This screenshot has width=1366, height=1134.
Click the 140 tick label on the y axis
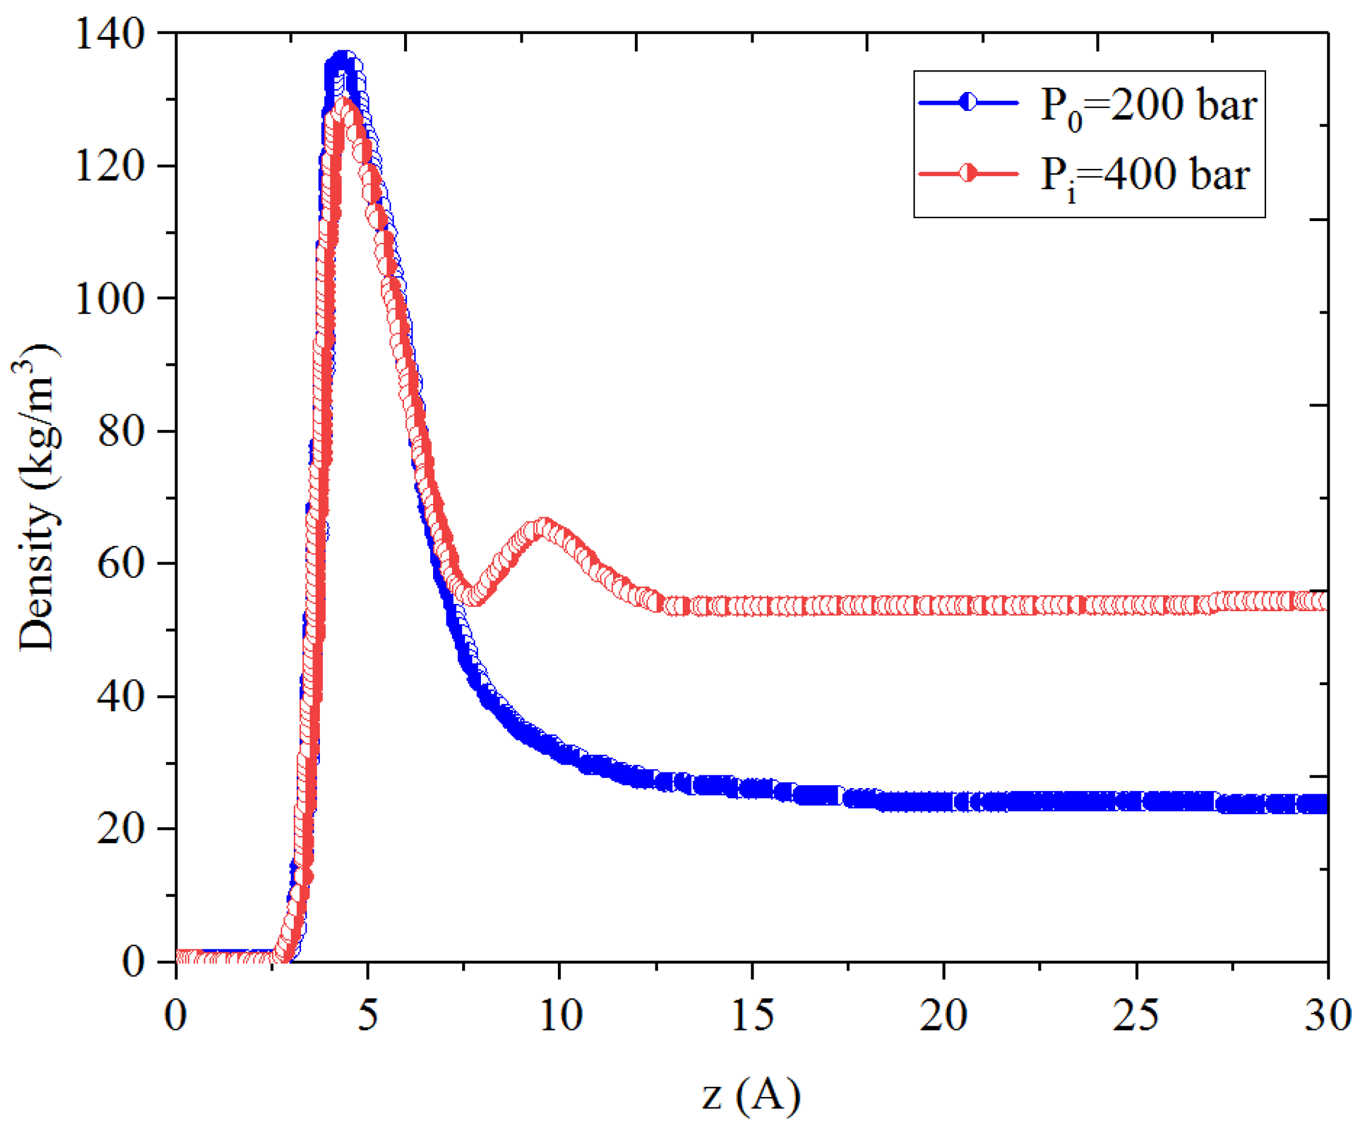[x=108, y=33]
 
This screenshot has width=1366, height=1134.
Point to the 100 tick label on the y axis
[x=108, y=299]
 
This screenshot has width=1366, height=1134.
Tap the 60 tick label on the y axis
[x=120, y=563]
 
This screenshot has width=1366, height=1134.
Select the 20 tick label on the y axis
[x=120, y=829]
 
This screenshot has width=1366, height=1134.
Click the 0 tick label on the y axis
[x=133, y=961]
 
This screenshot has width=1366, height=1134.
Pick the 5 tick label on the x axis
[x=368, y=1015]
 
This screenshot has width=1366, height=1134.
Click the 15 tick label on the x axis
[x=752, y=1015]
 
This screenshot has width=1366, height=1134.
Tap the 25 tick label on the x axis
[x=1136, y=1015]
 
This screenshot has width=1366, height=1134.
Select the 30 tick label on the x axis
[x=1327, y=1015]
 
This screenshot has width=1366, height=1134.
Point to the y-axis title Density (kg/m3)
[x=37, y=498]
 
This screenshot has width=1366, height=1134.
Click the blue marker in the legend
[x=968, y=102]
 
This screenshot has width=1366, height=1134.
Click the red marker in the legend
[x=968, y=173]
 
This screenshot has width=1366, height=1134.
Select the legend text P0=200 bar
[x=1148, y=106]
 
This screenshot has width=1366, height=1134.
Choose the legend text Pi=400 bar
[x=1145, y=176]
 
